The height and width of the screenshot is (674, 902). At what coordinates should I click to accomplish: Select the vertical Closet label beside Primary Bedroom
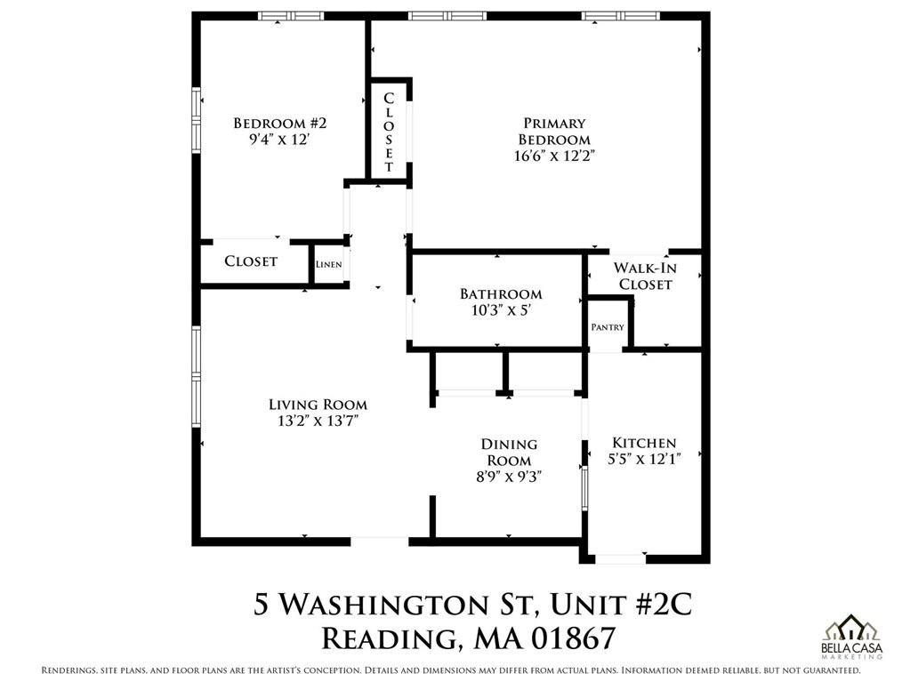pos(389,132)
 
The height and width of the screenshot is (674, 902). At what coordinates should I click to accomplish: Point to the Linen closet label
pos(328,265)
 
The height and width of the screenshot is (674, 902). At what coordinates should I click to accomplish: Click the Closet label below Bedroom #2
pos(251,261)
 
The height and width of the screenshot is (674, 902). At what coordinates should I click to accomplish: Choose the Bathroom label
pos(500,294)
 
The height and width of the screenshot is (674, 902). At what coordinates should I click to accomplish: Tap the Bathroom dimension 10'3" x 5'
pos(500,310)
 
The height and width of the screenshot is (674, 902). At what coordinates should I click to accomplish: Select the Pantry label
pos(608,327)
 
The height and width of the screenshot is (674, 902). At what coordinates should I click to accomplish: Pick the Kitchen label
pos(644,443)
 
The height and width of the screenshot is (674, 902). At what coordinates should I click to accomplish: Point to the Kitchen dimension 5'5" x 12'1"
pos(644,459)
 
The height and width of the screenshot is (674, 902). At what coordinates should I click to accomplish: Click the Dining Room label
pos(509,452)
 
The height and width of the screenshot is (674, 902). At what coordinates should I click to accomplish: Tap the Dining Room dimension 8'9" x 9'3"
pos(509,477)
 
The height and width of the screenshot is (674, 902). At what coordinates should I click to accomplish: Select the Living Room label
pos(318,405)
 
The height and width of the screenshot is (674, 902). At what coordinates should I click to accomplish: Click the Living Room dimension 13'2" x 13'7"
pos(318,421)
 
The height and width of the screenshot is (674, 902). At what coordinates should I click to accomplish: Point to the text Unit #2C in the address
pos(619,605)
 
